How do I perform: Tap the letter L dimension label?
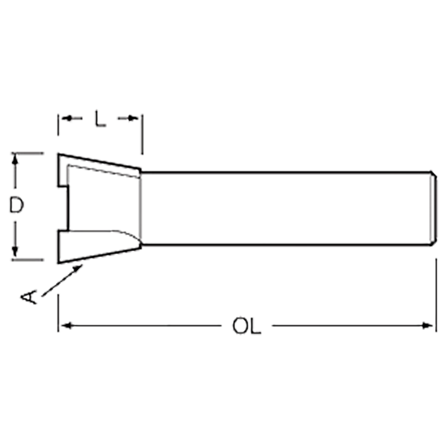[x=100, y=118]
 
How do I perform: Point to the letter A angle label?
[x=29, y=297]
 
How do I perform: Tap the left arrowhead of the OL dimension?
[x=66, y=326]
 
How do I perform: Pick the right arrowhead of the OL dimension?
[x=427, y=326]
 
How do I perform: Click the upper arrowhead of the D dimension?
[x=15, y=159]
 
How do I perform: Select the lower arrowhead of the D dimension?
[x=15, y=252]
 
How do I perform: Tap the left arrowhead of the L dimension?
[x=67, y=118]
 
